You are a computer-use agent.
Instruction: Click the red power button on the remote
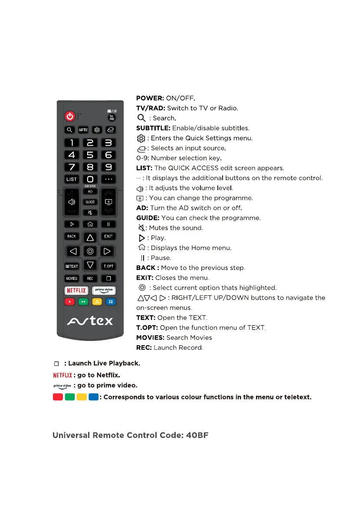pos(70,116)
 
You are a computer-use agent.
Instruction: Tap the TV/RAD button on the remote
pos(111,117)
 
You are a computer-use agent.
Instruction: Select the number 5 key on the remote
pos(90,155)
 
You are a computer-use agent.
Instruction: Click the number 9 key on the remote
pos(108,167)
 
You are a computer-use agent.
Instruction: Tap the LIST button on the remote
pos(72,179)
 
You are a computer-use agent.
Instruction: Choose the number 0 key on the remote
pos(90,179)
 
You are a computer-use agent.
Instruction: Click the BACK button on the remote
pos(72,237)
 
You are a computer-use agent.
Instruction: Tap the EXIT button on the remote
pos(108,237)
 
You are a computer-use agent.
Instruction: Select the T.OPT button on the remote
pos(108,266)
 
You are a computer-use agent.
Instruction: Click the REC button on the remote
pos(90,279)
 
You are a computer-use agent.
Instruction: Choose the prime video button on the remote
pos(104,290)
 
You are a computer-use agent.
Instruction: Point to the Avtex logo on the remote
pos(90,321)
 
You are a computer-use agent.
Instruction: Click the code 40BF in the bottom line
pos(197,435)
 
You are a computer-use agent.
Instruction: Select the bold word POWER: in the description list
pos(150,98)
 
